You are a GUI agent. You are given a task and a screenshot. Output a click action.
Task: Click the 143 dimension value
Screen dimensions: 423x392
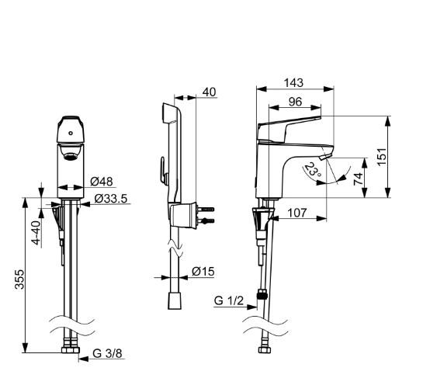click(x=293, y=82)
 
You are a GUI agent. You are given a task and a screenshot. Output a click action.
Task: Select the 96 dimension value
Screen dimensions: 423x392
click(x=296, y=102)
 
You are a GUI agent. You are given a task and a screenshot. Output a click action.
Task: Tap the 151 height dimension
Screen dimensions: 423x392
click(x=382, y=157)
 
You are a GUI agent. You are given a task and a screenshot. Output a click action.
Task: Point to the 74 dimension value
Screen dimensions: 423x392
click(x=359, y=179)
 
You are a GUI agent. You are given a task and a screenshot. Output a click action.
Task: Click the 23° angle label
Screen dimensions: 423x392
click(x=314, y=169)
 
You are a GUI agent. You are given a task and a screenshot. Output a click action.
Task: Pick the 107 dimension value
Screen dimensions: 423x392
click(x=297, y=213)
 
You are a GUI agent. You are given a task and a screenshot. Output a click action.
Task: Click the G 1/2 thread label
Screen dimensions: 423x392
click(x=229, y=300)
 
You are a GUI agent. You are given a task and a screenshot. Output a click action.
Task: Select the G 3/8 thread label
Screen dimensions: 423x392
click(x=107, y=353)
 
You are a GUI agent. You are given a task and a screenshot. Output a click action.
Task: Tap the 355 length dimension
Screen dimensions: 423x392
click(x=19, y=279)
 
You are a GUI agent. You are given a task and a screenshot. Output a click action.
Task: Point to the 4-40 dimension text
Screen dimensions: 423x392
click(x=36, y=233)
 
